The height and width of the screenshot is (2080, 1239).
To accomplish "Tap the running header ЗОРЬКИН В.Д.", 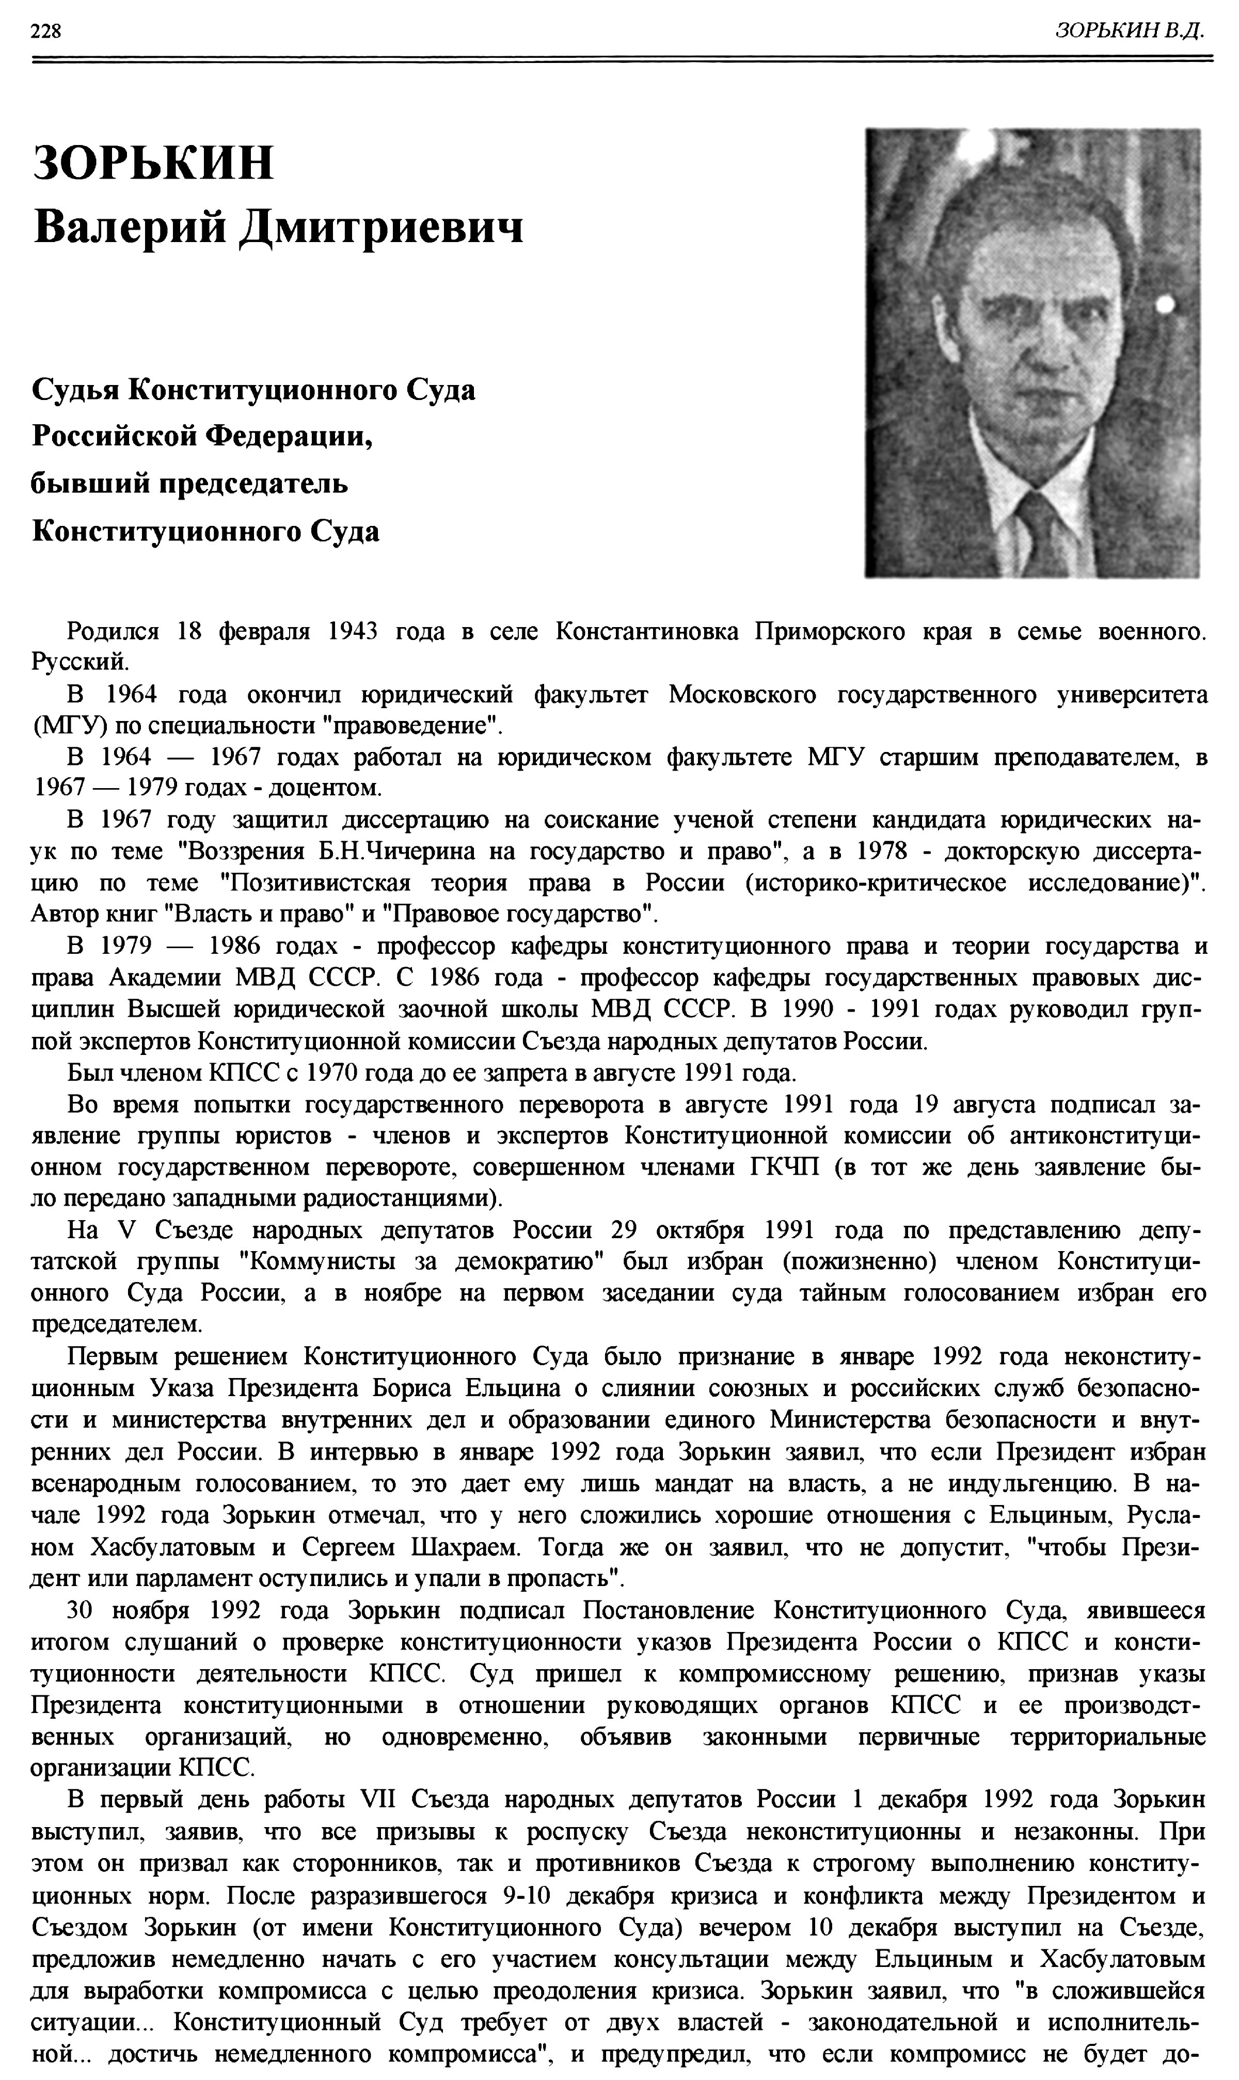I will pyautogui.click(x=1129, y=31).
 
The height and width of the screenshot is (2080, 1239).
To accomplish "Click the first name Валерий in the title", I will pyautogui.click(x=130, y=226).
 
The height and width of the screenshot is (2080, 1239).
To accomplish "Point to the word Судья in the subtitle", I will pyautogui.click(x=73, y=390).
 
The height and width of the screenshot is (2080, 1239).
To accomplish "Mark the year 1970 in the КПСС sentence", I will pyautogui.click(x=334, y=1073).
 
